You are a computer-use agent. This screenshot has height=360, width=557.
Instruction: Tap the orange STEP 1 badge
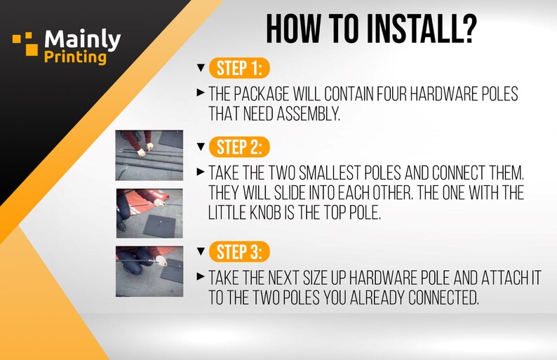(239, 68)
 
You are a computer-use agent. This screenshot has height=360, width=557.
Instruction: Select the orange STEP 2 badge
(239, 147)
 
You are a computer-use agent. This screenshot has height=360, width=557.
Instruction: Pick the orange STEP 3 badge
(239, 252)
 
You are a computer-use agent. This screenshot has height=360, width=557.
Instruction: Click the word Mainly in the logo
(83, 39)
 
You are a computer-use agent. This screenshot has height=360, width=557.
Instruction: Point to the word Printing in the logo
(75, 58)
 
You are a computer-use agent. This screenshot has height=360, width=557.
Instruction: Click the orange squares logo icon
(25, 44)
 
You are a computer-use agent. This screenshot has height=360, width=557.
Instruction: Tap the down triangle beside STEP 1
(201, 67)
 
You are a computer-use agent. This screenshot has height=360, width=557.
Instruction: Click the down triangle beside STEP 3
(201, 251)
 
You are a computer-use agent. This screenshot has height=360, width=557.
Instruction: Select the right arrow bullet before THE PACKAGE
(201, 93)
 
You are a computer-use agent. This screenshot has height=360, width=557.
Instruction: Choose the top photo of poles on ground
(149, 155)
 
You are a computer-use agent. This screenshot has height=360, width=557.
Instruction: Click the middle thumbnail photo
(149, 213)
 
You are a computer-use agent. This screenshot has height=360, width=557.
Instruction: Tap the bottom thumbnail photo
(149, 272)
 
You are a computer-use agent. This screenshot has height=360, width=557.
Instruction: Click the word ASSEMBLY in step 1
(309, 114)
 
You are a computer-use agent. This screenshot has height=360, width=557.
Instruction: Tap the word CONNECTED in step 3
(443, 298)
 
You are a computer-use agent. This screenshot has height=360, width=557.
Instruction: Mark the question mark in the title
(467, 29)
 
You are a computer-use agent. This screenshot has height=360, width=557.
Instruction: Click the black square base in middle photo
(160, 226)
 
